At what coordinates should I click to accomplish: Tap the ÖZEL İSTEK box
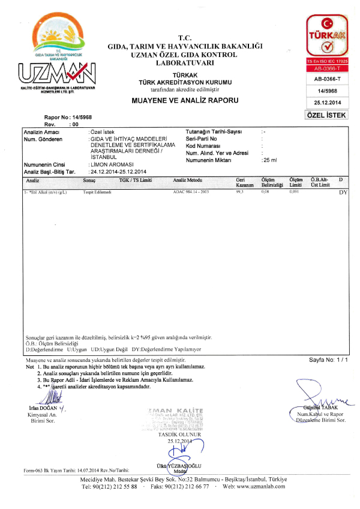point(326,115)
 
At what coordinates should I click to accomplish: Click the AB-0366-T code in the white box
point(326,79)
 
